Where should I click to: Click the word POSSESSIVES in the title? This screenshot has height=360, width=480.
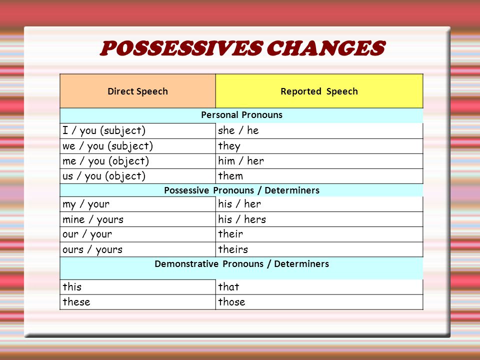coord(181,48)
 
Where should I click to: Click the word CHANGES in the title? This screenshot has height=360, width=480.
coord(325,48)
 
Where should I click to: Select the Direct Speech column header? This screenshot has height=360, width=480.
coord(138,91)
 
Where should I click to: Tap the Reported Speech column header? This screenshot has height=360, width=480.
coord(319,91)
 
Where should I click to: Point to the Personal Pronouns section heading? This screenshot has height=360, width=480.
coord(242,115)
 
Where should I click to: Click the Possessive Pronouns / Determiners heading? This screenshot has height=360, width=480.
coord(242,190)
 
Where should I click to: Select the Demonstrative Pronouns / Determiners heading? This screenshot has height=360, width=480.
coord(242,263)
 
